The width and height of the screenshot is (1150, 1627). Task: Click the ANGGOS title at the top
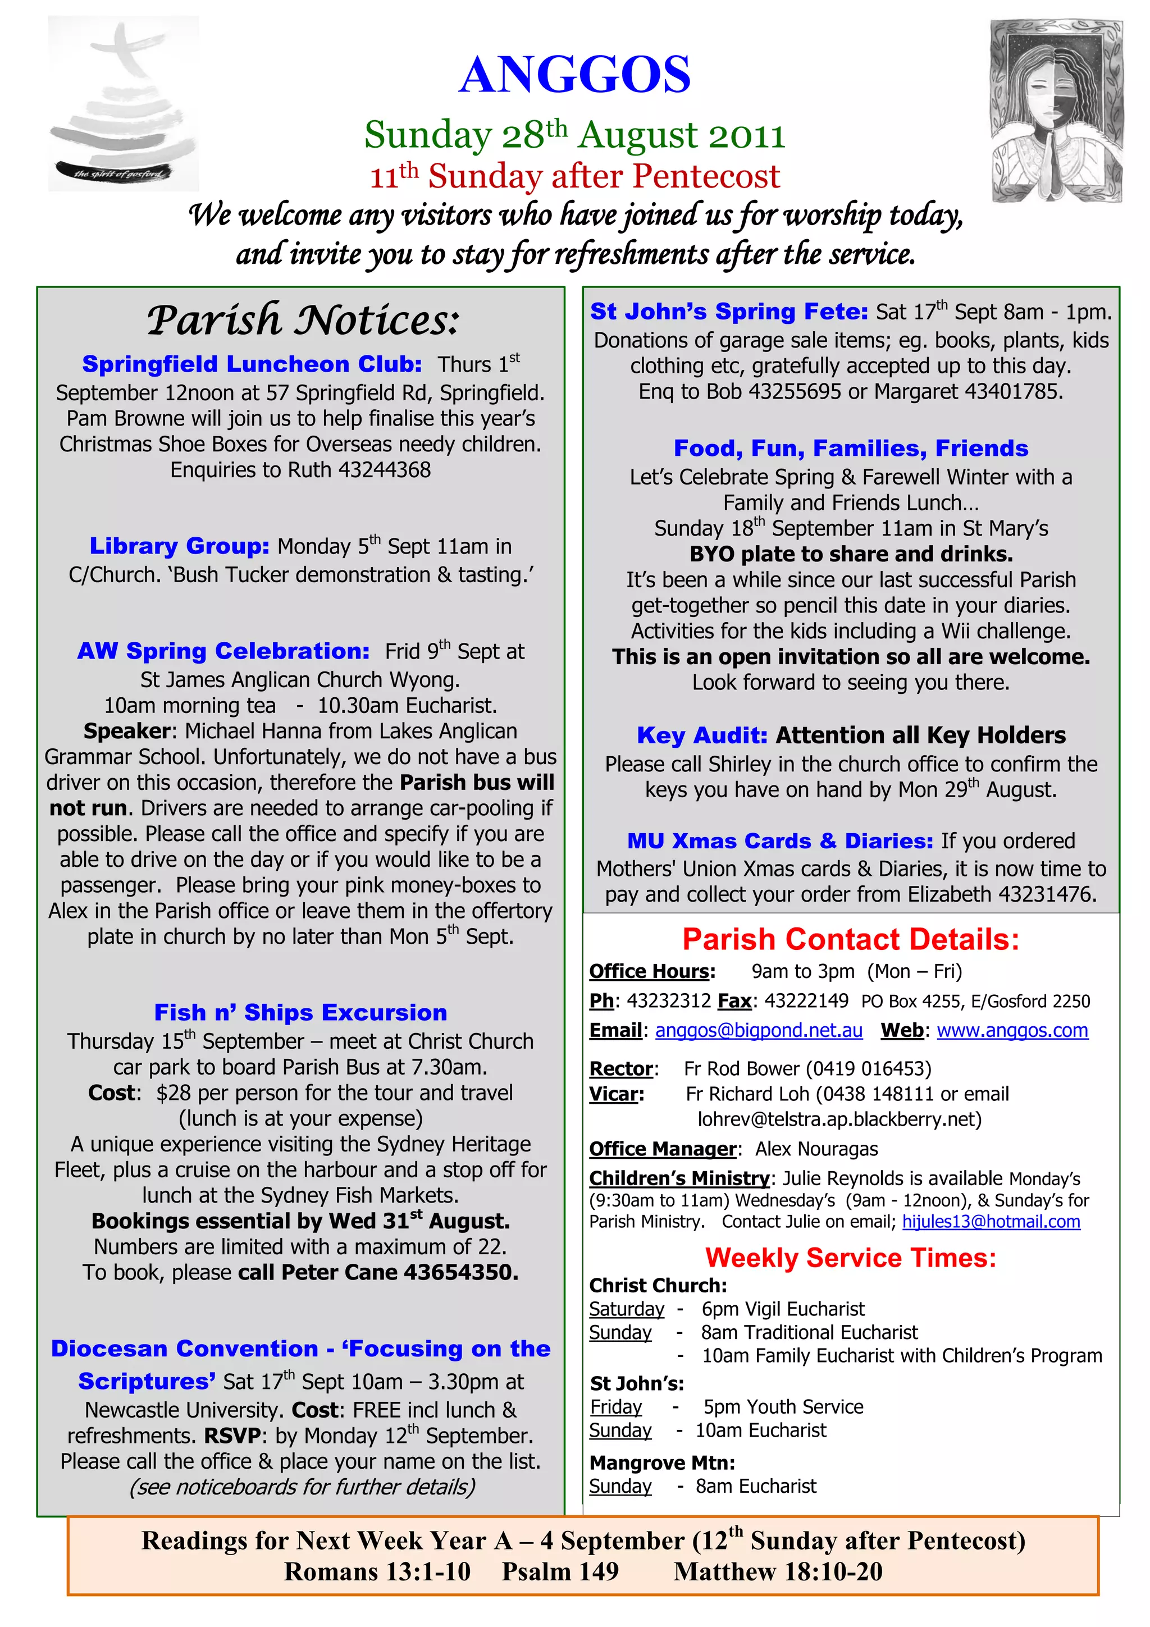[x=574, y=75]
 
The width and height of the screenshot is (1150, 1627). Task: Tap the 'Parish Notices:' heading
[x=303, y=321]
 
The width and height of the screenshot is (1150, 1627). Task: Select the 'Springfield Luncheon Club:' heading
[x=252, y=364]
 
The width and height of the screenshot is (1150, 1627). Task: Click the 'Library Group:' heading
[x=179, y=546]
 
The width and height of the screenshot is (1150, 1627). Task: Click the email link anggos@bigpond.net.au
[x=759, y=1030]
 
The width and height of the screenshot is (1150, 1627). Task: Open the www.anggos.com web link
[x=1012, y=1030]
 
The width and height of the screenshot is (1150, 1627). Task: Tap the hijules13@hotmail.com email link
[x=991, y=1222]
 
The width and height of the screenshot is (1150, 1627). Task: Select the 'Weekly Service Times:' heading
[x=850, y=1258]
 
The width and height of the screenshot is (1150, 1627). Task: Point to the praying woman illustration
[x=1056, y=111]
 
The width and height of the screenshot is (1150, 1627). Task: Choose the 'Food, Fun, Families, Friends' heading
[x=850, y=448]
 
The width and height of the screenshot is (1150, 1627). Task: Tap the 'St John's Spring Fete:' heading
[x=729, y=311]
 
